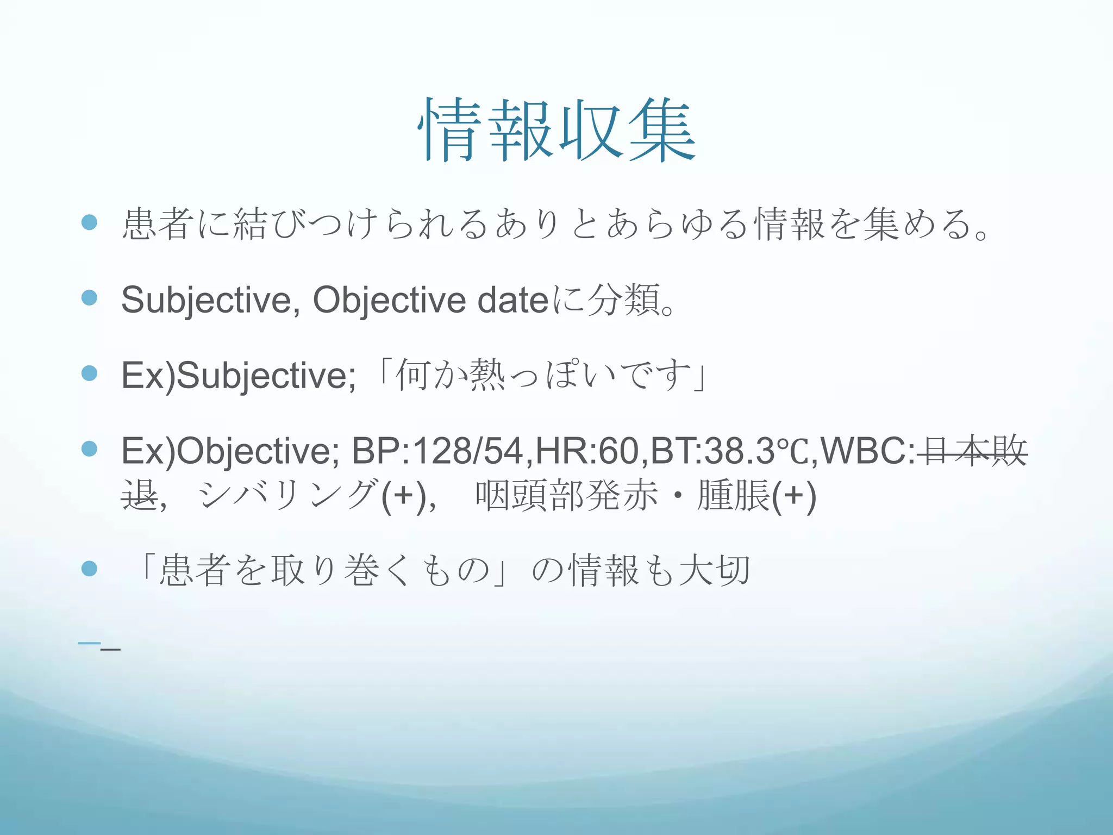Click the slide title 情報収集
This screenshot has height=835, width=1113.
[x=556, y=130]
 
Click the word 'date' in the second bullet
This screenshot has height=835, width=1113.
[x=513, y=300]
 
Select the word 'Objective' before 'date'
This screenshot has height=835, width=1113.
[x=389, y=300]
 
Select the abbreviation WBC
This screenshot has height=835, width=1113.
[x=864, y=451]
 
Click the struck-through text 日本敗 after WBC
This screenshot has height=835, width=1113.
[x=973, y=451]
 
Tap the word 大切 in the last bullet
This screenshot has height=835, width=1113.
[x=715, y=571]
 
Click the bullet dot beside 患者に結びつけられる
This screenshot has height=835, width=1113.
[x=89, y=222]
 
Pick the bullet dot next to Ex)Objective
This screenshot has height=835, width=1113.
[x=89, y=449]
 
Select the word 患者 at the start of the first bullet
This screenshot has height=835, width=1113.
[x=158, y=224]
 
